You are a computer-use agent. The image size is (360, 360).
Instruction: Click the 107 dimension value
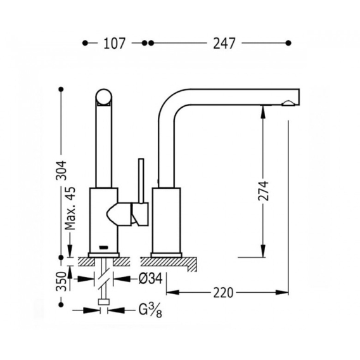[x=114, y=43]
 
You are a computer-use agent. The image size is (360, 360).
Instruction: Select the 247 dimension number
[x=224, y=43]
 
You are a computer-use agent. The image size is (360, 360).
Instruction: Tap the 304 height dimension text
[x=61, y=170]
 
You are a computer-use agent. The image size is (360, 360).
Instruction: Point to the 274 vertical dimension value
[x=263, y=191]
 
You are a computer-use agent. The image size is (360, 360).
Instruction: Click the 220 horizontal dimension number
[x=223, y=293]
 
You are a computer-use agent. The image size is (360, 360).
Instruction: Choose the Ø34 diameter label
[x=150, y=279]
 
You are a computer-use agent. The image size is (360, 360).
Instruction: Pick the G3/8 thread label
[x=150, y=311]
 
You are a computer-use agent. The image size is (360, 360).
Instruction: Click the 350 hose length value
[x=61, y=281]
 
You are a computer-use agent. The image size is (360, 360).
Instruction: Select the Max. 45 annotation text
[x=70, y=209]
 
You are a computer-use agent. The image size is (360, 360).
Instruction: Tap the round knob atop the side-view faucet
[x=104, y=97]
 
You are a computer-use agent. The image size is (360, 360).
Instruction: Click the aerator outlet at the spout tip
[x=289, y=103]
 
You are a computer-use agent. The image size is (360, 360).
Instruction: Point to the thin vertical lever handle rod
[x=141, y=181]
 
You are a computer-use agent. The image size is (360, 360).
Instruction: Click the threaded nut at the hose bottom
[x=104, y=302]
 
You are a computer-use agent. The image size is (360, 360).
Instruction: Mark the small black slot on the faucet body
[x=103, y=247]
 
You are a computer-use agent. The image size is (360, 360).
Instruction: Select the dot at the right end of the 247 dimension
[x=288, y=43]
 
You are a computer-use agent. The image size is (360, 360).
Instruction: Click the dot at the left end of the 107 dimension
[x=85, y=43]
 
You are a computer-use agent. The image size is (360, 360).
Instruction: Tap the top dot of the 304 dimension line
[x=61, y=89]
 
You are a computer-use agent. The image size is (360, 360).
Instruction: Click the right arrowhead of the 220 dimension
[x=282, y=293]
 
